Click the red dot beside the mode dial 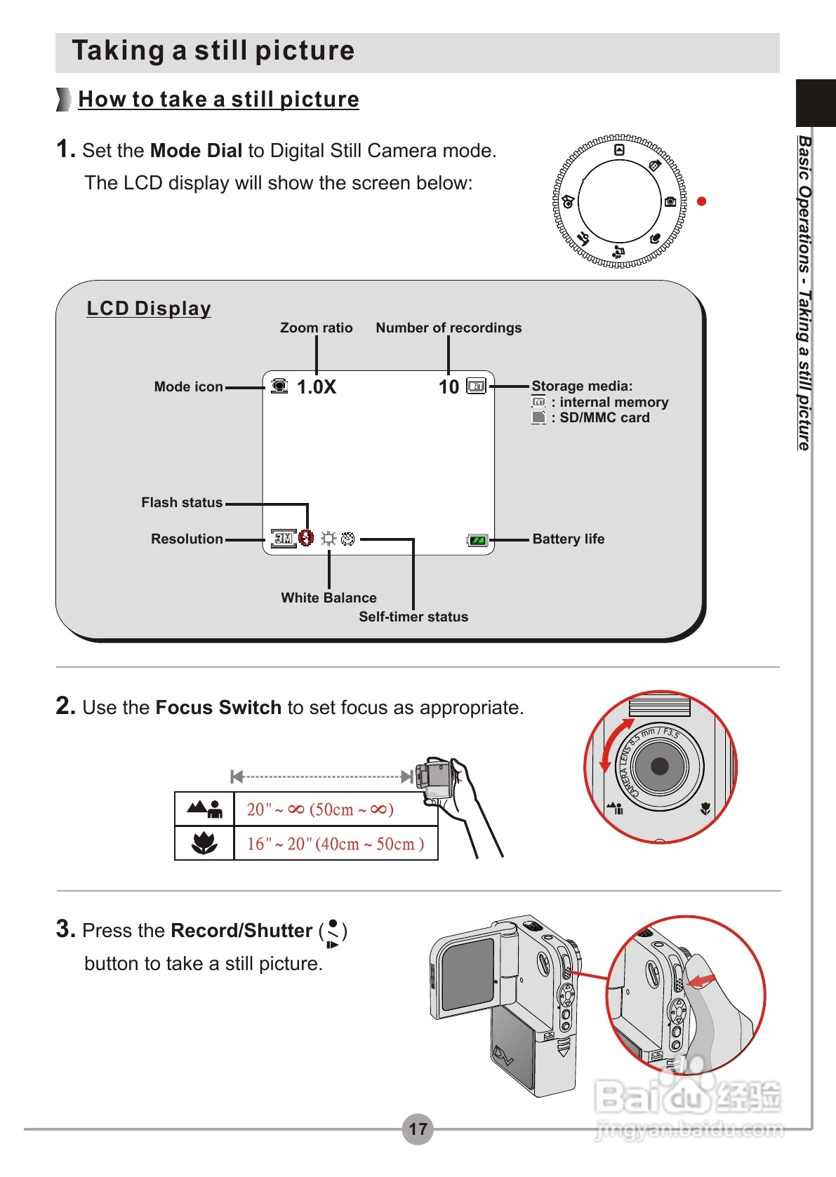click(x=701, y=201)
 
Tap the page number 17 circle click(x=418, y=1129)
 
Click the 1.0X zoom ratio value click(x=317, y=387)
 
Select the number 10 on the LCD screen click(x=449, y=387)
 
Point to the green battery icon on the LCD click(x=477, y=540)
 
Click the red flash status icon click(x=305, y=538)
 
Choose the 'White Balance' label click(x=329, y=598)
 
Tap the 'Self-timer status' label click(x=413, y=617)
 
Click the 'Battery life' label click(x=568, y=539)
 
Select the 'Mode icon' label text click(x=188, y=386)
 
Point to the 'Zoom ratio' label click(x=316, y=328)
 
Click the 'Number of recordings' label click(x=449, y=328)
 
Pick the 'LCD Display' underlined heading click(x=149, y=309)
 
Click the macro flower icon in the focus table click(x=204, y=842)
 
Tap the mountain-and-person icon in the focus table click(x=204, y=809)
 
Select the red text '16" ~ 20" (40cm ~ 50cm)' click(x=336, y=844)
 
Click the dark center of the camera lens click(x=660, y=766)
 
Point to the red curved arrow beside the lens click(x=609, y=744)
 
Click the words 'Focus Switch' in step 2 click(x=218, y=708)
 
